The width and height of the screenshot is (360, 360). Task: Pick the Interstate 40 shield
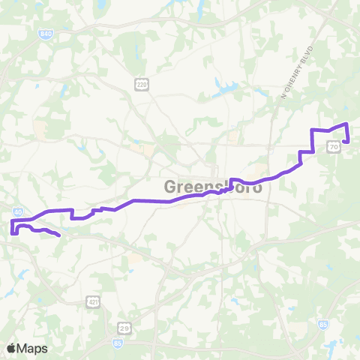[x=16, y=212]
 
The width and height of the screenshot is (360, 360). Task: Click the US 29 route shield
[x=124, y=327]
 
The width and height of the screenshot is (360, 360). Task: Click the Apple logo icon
[x=11, y=348]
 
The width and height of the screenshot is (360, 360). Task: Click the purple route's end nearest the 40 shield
[x=59, y=235]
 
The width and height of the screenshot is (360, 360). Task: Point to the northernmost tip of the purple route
[x=346, y=124]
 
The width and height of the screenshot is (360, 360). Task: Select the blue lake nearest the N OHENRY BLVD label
[x=223, y=84]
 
